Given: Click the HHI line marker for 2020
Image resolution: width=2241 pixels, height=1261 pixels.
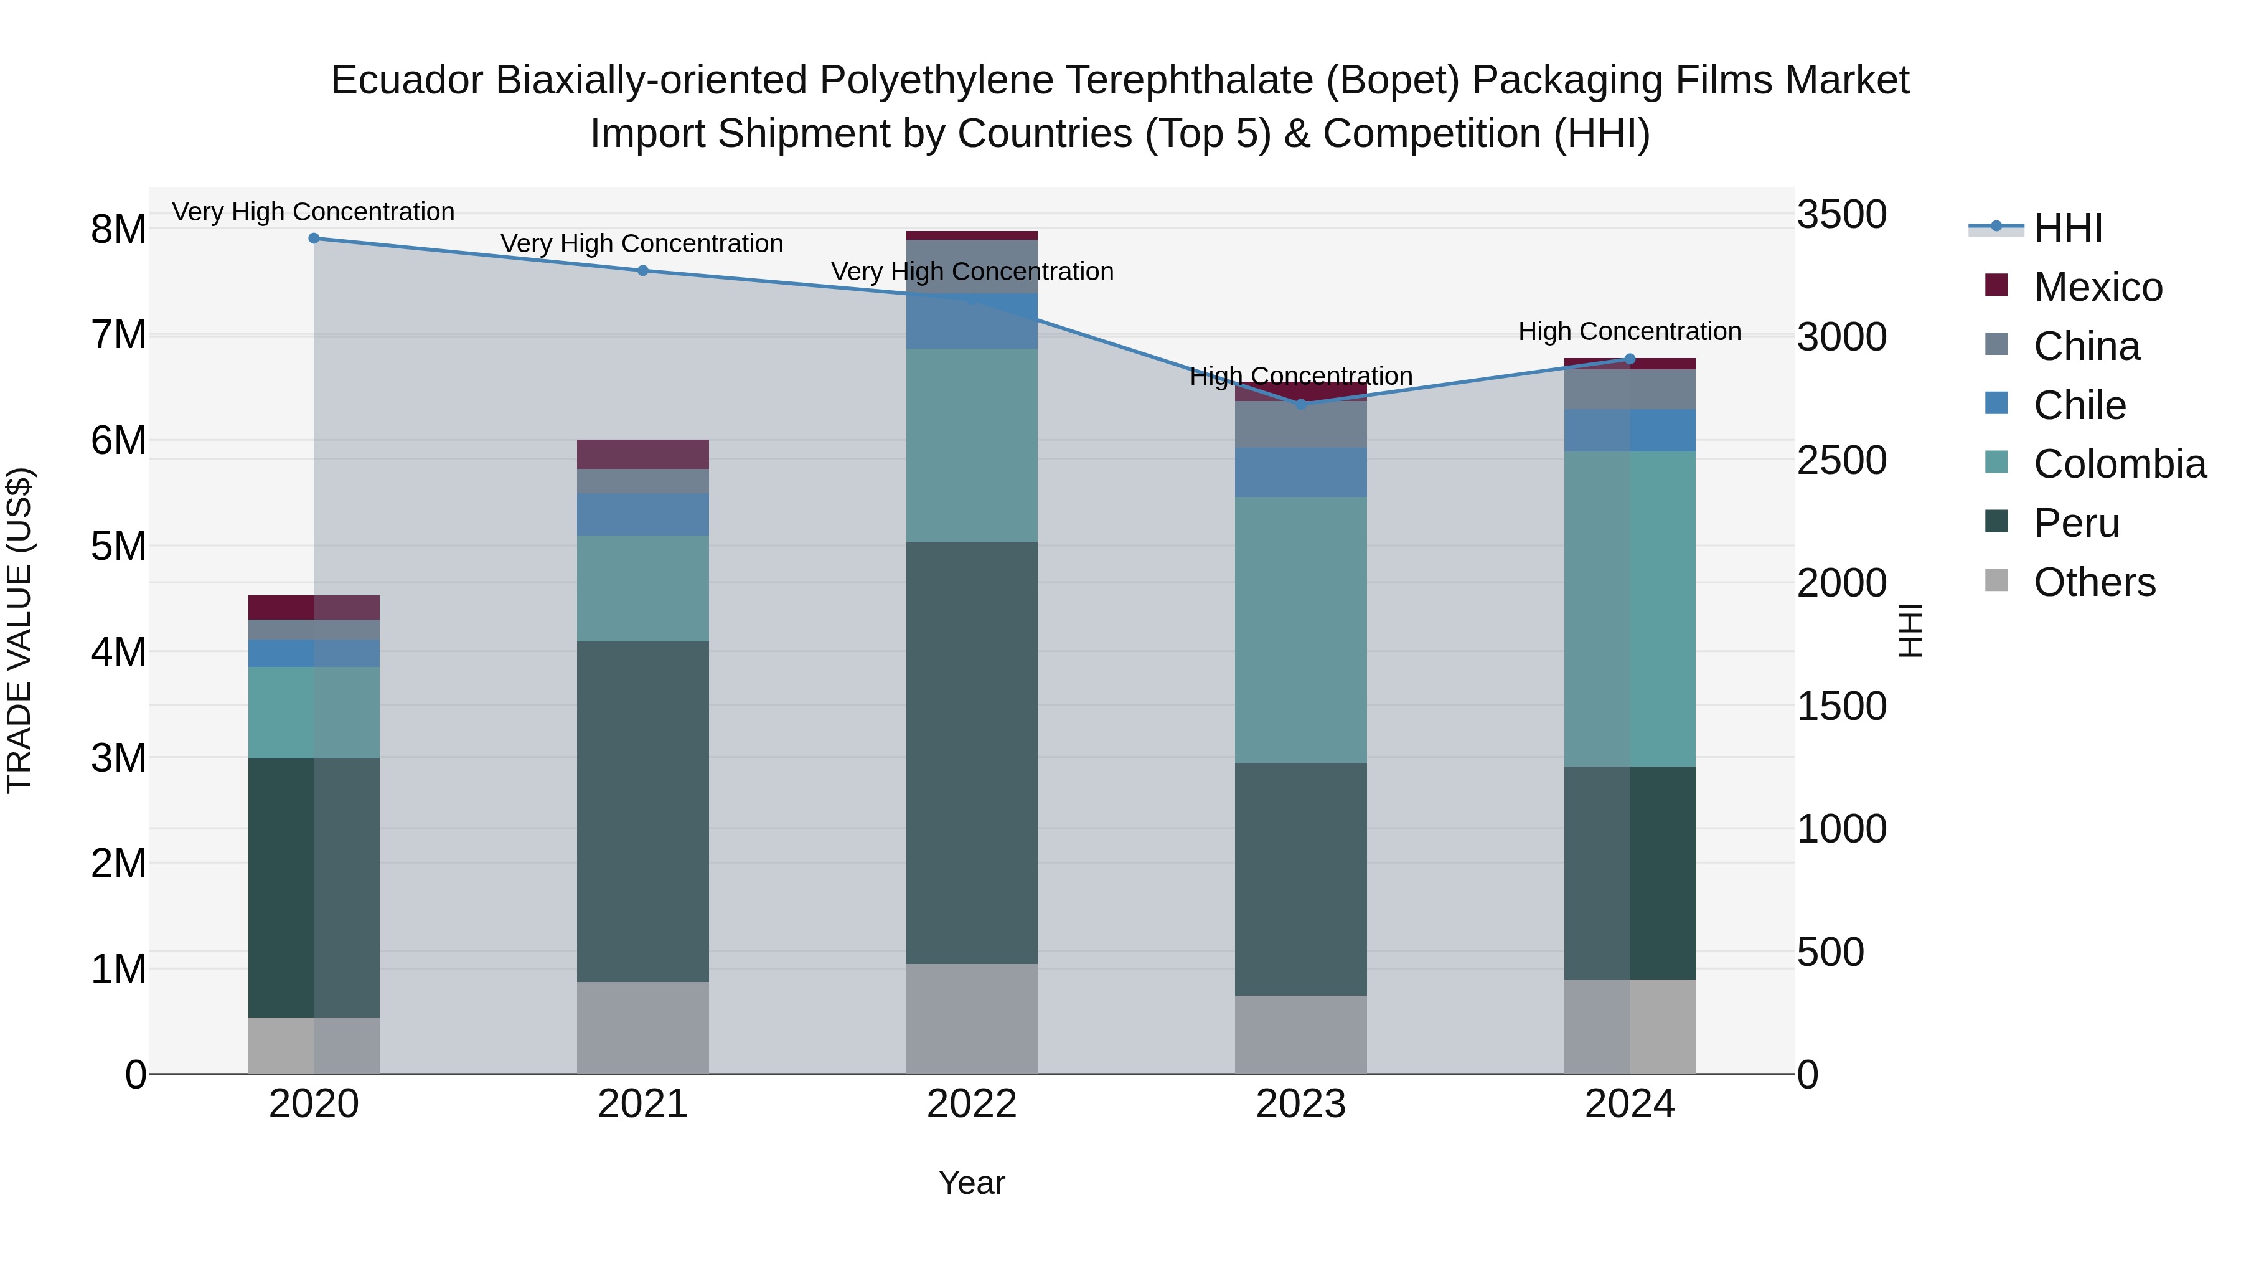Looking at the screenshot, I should [314, 239].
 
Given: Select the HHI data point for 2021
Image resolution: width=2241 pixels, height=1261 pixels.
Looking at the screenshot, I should [643, 271].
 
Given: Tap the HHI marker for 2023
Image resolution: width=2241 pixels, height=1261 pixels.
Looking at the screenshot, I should [1300, 404].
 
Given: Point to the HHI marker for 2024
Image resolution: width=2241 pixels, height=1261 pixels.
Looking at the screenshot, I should [1630, 359].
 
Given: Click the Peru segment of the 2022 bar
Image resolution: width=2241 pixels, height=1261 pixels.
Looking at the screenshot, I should [972, 753].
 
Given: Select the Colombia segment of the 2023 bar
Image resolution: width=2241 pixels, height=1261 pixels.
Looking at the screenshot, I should [1300, 630].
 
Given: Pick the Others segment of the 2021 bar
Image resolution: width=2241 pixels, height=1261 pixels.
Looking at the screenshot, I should [643, 1027].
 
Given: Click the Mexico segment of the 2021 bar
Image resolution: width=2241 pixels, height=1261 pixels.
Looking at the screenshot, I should [643, 455].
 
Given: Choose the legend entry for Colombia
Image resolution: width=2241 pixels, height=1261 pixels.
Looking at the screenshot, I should [2119, 464].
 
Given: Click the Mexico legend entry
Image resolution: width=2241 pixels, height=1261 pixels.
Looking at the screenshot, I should [2097, 287].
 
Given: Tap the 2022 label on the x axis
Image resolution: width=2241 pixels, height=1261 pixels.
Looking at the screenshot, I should [972, 1104].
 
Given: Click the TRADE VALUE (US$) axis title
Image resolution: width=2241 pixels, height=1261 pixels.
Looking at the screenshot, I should [20, 630].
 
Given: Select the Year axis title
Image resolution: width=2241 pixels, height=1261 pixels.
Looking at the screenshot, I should [972, 1183].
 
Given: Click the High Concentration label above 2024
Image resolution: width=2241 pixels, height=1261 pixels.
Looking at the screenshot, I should [1630, 331].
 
